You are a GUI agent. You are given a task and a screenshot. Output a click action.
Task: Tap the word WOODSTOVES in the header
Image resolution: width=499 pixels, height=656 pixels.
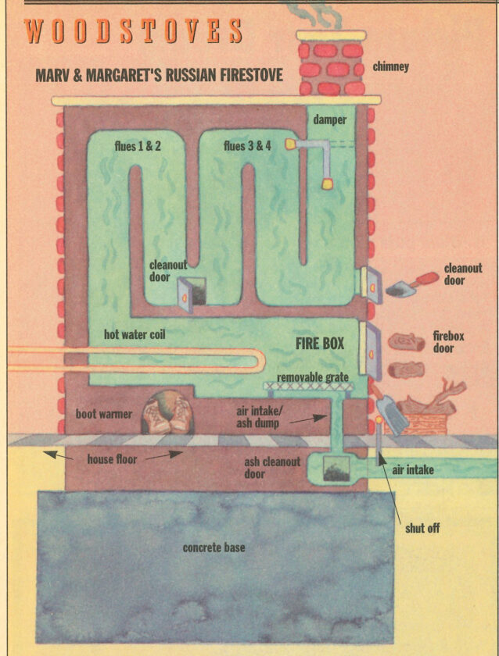[133, 30]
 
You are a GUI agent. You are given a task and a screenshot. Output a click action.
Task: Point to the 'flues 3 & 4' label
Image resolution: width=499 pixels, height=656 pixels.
[246, 144]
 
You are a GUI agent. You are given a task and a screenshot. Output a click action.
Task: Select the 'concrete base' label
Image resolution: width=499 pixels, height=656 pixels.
[214, 547]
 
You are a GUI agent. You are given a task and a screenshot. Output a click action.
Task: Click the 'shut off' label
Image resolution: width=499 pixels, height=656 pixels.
[422, 529]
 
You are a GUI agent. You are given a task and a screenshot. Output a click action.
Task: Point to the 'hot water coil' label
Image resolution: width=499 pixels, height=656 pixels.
[135, 335]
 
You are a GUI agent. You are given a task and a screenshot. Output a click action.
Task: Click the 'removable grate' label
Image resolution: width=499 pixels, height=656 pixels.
[313, 377]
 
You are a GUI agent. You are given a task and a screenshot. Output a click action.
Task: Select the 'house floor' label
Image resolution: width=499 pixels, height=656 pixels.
[112, 459]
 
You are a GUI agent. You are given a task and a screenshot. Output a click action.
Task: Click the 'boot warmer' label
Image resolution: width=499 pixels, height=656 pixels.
[102, 413]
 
